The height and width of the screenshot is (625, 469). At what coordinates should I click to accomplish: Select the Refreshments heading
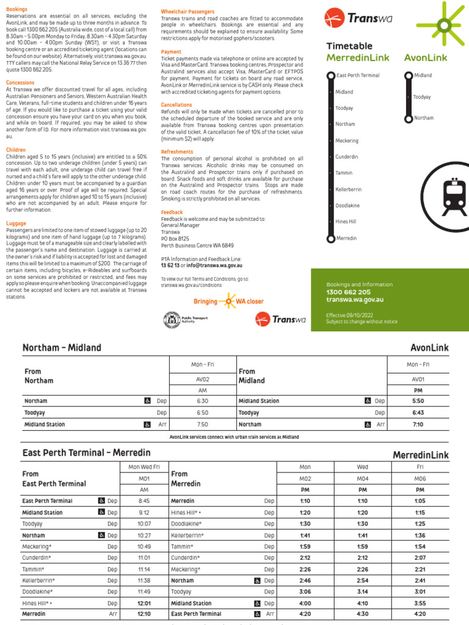coord(177,151)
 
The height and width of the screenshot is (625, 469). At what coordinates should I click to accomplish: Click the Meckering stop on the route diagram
coord(347,140)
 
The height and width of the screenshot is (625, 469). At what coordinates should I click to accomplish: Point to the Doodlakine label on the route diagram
coord(347,206)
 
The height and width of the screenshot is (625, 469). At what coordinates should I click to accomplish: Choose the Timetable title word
coord(349,46)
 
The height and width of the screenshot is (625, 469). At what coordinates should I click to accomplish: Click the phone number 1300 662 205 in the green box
coord(348,292)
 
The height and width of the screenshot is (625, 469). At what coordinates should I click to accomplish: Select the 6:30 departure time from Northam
coord(202,401)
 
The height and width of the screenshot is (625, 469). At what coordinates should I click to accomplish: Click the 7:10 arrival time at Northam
coord(418,424)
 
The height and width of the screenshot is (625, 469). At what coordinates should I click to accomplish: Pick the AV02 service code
coord(202,378)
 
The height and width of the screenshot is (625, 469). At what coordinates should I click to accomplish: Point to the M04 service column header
coord(362,479)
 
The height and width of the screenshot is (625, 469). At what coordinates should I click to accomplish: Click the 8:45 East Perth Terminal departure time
coord(144,501)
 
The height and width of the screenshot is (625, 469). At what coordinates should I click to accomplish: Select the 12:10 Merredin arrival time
coord(144,613)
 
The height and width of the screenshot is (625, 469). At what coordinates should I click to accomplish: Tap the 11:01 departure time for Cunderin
coord(144,558)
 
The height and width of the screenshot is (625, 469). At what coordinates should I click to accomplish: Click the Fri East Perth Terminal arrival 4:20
coord(420,613)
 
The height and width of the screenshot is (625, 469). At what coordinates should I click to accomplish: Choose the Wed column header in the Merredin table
coord(362,467)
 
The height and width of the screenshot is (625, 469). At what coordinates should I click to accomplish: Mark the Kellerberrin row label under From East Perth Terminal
coord(38,580)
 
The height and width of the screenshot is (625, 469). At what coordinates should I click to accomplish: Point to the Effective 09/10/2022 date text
coord(352,315)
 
